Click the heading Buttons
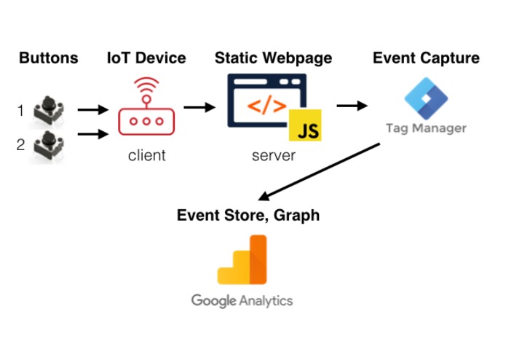pos(49,58)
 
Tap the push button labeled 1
pos(50,109)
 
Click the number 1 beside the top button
pos(21,111)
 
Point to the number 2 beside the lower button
pos(21,144)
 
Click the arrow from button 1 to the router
pos(92,110)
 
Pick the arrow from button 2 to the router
pos(92,133)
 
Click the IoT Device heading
pos(146,58)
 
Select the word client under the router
pos(146,155)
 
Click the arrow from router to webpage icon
pos(199,108)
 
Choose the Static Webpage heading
pos(273,58)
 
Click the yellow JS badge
pos(305,127)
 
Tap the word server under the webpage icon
pos(274,155)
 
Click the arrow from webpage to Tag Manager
pos(352,106)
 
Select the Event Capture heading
pos(426,58)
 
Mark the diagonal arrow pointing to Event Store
pos(320,171)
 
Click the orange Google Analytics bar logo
pos(242,260)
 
